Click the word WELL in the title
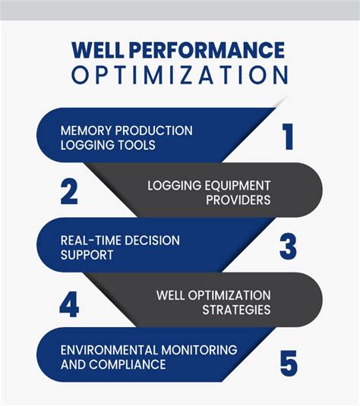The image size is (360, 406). pos(97,51)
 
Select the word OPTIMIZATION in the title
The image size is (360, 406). pos(180,76)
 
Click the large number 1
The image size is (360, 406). pos(286,137)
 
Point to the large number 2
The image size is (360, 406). pos(69,192)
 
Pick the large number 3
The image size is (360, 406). pos(287,247)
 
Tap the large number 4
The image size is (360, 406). pos(69,304)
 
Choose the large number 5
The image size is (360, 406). pos(288,362)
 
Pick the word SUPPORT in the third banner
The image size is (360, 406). pos(87,254)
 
